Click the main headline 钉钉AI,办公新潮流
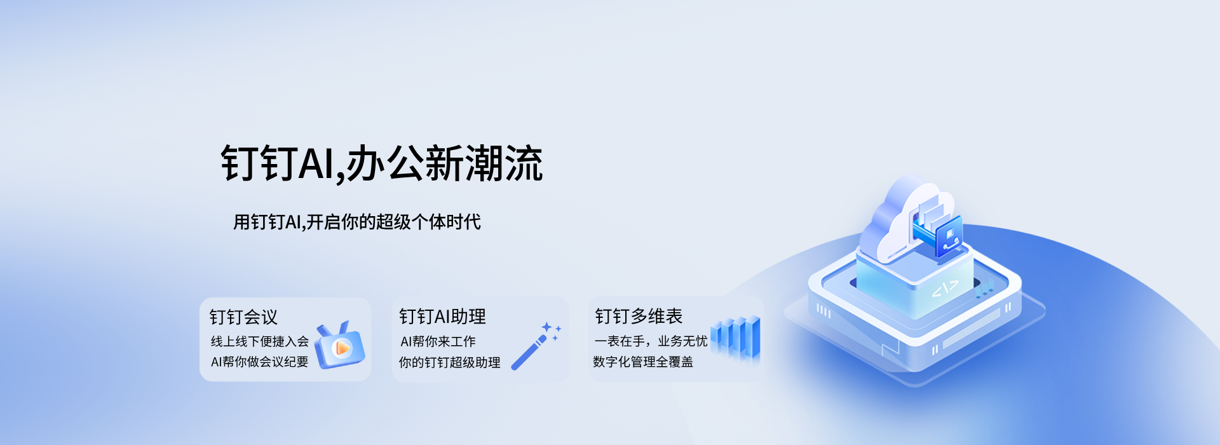pos(382,164)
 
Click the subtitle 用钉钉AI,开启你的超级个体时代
pos(357,222)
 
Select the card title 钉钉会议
pos(243,317)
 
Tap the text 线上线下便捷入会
pos(260,341)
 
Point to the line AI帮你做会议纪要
pos(260,362)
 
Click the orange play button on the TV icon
pos(342,348)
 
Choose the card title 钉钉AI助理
pos(442,317)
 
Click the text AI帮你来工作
pos(438,341)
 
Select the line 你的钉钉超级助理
pos(450,362)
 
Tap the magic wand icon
pos(529,352)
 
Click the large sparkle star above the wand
pos(546,327)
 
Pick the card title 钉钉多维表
pos(639,316)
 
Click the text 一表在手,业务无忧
pos(651,341)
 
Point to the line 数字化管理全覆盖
pos(643,362)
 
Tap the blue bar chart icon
pos(735,338)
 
